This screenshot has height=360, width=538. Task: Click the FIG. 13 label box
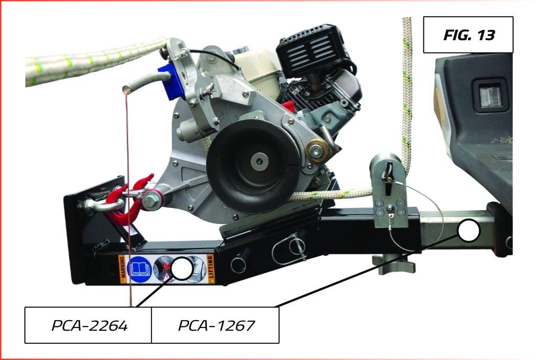468,35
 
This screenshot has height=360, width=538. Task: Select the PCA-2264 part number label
89,325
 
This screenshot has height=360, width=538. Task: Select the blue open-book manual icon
139,269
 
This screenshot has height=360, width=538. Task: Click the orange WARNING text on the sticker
122,270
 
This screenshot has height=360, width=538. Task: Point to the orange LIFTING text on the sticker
210,269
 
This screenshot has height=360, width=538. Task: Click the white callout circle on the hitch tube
468,230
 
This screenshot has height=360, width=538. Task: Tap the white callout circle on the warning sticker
182,268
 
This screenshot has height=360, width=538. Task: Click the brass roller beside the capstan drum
317,150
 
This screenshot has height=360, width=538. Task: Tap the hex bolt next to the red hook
151,200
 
